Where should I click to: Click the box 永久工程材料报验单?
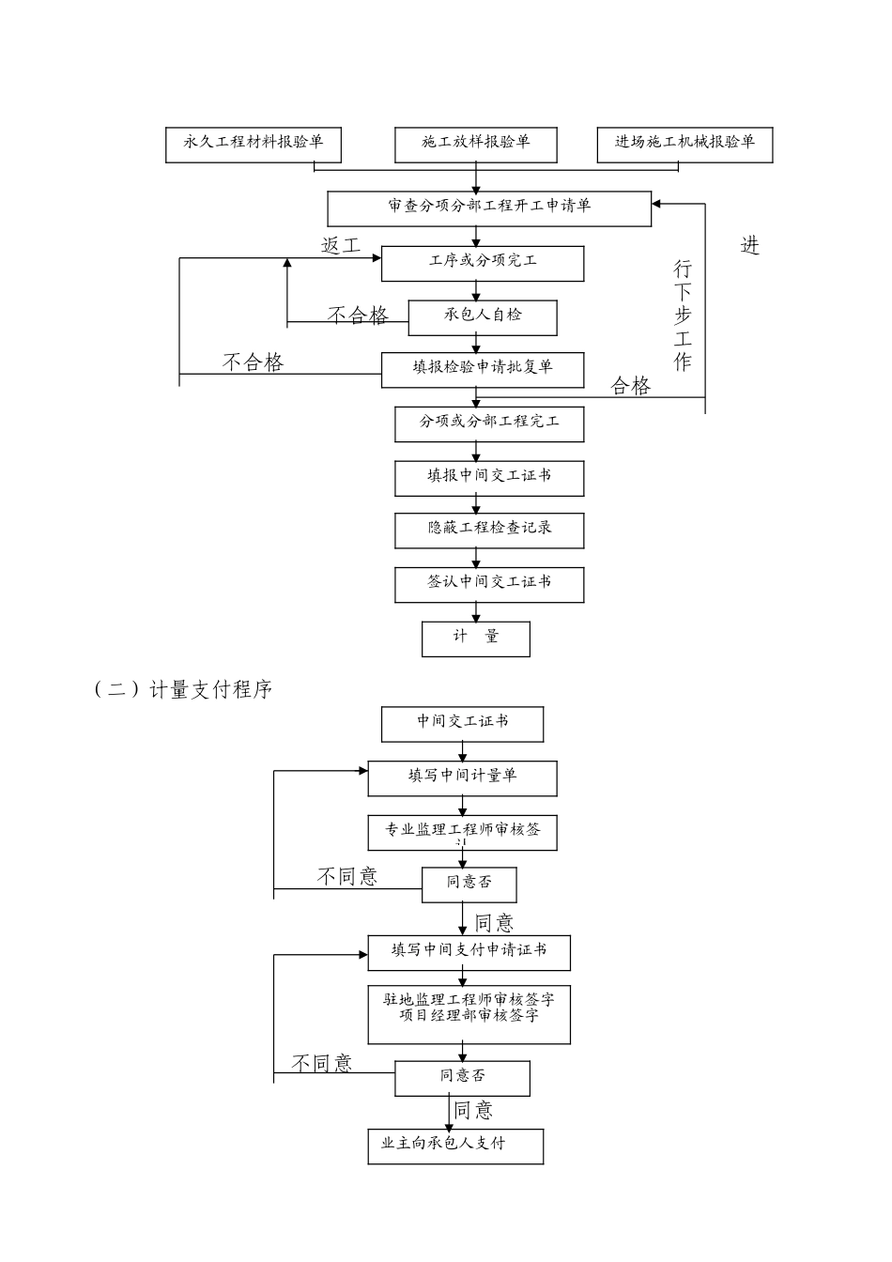[253, 145]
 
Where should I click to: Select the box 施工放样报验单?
[475, 145]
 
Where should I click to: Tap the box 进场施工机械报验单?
[684, 145]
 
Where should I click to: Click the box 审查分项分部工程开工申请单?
[488, 208]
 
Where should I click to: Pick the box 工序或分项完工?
[482, 263]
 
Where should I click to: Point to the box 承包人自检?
[482, 317]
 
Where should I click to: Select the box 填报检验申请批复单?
[482, 369]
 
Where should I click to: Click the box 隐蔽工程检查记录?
[488, 531]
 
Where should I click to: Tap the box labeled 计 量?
[475, 639]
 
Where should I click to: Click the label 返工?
[341, 246]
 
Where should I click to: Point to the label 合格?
[630, 386]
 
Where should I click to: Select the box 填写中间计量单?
[462, 778]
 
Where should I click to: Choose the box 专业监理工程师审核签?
[462, 832]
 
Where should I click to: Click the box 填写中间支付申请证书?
[468, 952]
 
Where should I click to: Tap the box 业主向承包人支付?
[455, 1146]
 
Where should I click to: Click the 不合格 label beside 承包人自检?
[357, 315]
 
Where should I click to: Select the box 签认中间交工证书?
[488, 584]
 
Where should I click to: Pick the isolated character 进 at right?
[749, 246]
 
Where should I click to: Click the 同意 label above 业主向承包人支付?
[473, 1111]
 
